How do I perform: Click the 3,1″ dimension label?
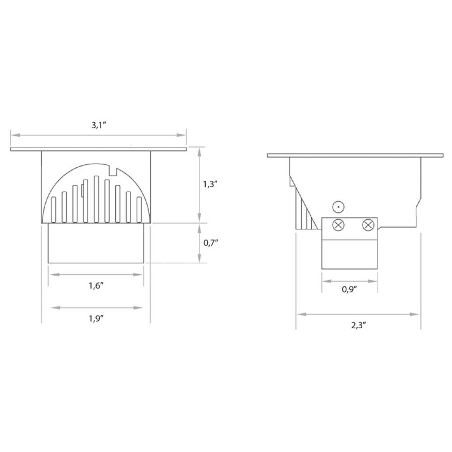coord(99,125)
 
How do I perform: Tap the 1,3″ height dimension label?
coord(210,184)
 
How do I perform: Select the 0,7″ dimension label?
coord(210,243)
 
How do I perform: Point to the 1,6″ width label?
coord(97,286)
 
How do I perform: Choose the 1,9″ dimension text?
coord(97,319)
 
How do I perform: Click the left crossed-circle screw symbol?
coord(339,225)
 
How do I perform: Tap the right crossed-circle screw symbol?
coord(368,225)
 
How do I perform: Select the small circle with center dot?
coord(338,207)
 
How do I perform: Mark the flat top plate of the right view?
coord(355,154)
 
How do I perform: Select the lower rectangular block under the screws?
coord(349,251)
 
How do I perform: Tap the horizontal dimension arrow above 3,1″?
coord(99,135)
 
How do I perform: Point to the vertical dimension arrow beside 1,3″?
coord(199,184)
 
